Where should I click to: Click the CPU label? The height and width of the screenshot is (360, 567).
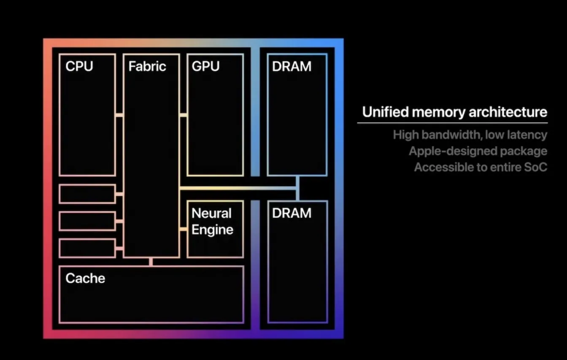click(x=79, y=66)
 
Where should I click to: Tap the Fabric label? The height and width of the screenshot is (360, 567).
click(x=147, y=66)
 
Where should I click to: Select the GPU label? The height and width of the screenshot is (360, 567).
click(x=205, y=66)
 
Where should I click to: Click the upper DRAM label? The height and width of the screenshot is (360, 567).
click(x=292, y=66)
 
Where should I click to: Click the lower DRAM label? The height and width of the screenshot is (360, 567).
click(x=292, y=213)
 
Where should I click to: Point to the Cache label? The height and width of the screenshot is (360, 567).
click(x=85, y=278)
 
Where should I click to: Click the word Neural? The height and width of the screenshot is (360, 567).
click(x=211, y=213)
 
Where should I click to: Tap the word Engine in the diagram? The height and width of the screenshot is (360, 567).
click(x=212, y=230)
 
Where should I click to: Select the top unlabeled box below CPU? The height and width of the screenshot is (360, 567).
click(x=87, y=194)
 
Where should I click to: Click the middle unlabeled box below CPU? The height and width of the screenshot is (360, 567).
click(x=87, y=221)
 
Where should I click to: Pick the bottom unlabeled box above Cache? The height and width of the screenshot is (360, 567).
click(x=87, y=248)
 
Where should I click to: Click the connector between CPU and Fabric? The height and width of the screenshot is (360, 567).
click(x=119, y=115)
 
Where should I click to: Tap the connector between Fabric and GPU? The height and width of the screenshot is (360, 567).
click(x=183, y=115)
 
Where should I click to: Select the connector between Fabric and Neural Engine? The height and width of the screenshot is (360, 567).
click(x=183, y=229)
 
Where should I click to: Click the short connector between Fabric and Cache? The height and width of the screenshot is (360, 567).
click(x=151, y=262)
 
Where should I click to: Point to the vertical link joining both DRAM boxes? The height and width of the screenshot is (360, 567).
click(x=297, y=188)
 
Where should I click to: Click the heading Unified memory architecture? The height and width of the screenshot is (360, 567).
click(x=454, y=112)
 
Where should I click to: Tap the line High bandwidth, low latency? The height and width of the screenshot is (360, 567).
click(x=470, y=135)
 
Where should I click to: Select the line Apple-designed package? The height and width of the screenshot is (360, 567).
click(x=478, y=151)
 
